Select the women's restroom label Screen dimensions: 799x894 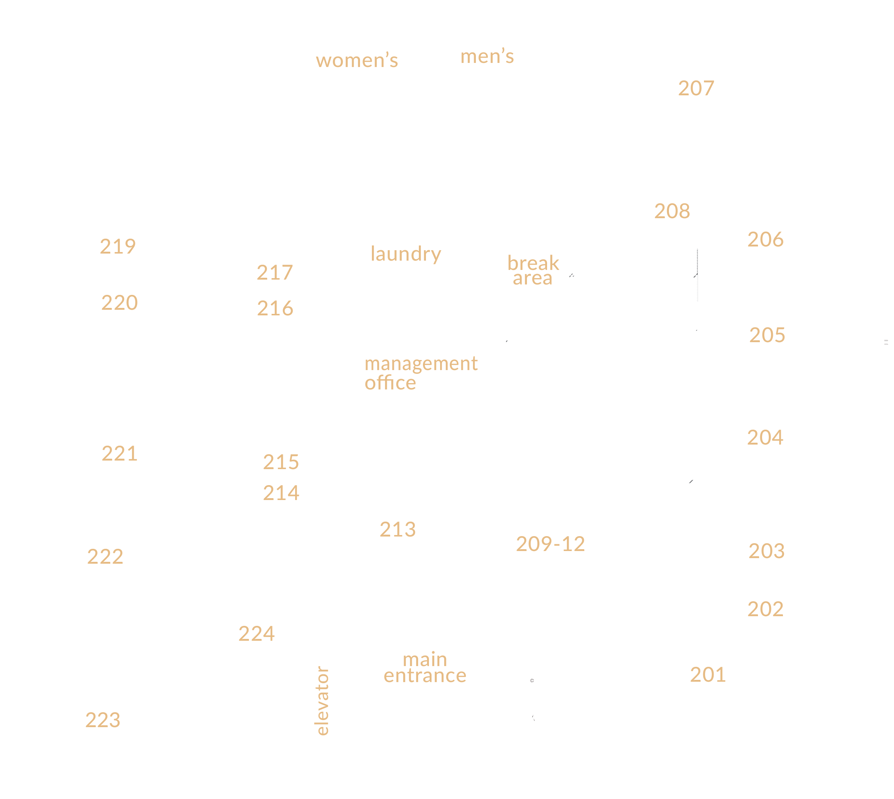357,61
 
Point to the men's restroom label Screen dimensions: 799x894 487,57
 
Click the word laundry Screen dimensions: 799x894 405,254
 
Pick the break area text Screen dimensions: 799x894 533,270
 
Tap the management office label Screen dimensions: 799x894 420,373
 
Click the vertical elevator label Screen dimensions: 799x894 322,700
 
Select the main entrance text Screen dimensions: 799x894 425,668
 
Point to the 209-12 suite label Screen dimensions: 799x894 550,544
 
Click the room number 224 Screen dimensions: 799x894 256,633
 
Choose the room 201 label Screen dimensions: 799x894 707,675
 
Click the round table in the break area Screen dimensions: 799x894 519,319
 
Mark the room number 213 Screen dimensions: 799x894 397,529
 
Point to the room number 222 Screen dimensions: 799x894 105,557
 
